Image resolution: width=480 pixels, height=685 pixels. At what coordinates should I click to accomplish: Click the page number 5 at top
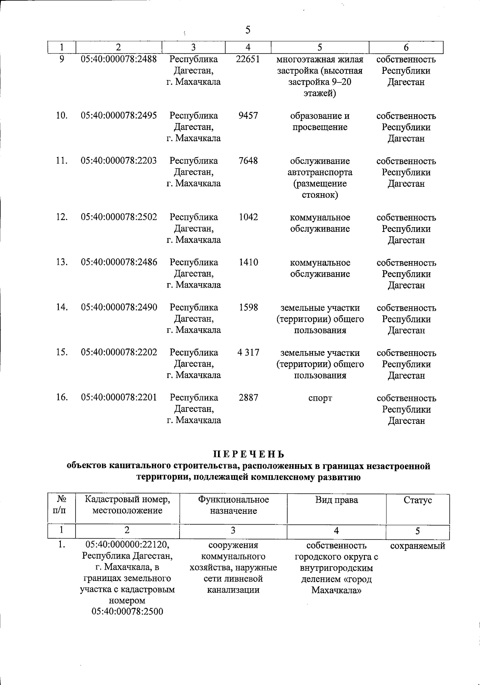coord(248,30)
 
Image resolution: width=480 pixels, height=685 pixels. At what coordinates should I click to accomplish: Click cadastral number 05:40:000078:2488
coord(119,59)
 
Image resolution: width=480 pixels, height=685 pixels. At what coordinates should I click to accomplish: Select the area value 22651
coord(248,59)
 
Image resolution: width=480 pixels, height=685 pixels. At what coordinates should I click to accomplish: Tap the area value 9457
coord(248,116)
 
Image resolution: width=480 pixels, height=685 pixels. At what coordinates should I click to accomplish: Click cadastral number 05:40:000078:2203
coord(119,161)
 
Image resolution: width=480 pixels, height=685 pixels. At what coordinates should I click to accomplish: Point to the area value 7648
coord(248,161)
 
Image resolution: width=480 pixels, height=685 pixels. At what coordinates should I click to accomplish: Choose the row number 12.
coord(62,217)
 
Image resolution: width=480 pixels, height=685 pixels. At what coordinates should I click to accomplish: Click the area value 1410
coord(248,262)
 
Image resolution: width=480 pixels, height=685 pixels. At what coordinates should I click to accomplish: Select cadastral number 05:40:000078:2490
coord(119,308)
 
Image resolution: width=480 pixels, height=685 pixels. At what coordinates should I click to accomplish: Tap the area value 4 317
coord(248,353)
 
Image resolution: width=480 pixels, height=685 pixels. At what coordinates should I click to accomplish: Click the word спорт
coord(320,398)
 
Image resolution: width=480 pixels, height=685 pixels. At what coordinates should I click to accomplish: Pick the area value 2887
coord(248,398)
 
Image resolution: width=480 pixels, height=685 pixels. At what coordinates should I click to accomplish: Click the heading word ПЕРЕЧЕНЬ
coord(248,454)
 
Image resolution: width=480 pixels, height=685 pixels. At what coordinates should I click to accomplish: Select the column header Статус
coord(418,500)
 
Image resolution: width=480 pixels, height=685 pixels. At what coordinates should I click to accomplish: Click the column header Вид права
coord(336,500)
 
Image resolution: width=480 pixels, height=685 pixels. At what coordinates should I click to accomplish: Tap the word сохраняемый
coord(418,546)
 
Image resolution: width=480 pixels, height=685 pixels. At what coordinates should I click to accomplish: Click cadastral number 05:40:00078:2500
coord(127,612)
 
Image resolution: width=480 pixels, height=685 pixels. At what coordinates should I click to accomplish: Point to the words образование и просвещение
coord(320,122)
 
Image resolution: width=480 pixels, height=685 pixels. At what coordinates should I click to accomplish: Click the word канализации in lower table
coord(233,590)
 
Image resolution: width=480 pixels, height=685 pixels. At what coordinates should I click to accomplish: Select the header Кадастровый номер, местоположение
coord(127,505)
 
